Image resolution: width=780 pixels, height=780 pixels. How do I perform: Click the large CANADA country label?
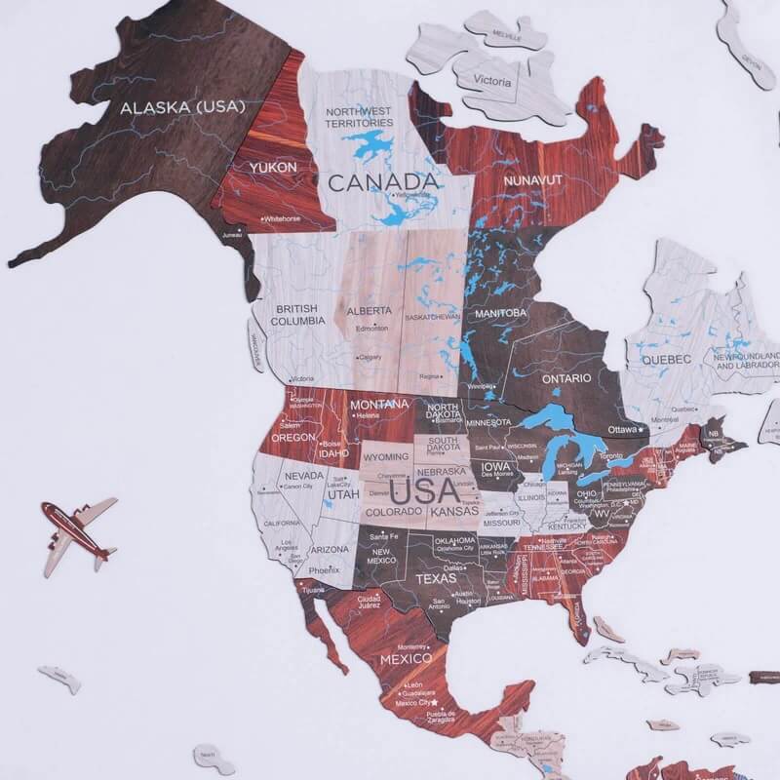coord(382,181)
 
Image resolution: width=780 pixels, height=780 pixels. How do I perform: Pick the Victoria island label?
coord(492,81)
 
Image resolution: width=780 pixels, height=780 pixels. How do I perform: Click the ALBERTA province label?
coord(370,311)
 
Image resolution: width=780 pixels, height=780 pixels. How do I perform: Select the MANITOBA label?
coord(501,313)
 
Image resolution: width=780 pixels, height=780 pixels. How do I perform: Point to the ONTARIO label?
coord(567,377)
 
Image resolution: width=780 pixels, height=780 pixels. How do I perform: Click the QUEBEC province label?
coord(666,360)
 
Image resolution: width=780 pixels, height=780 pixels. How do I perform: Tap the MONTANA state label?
coord(379,405)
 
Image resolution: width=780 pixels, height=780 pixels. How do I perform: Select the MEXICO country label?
coord(406,659)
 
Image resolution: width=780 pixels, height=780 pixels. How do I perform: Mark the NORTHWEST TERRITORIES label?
coord(360,117)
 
